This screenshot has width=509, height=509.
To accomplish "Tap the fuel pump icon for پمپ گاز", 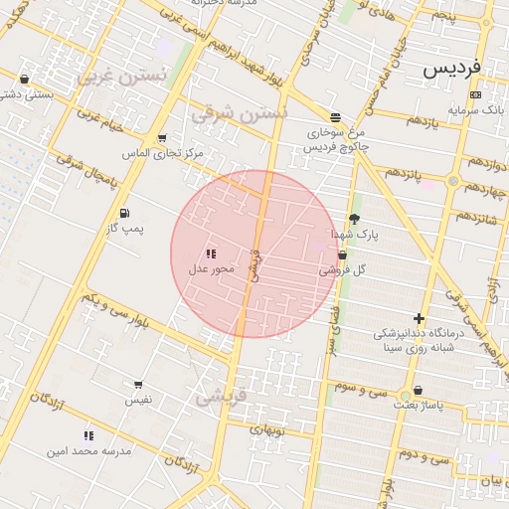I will point(123,213).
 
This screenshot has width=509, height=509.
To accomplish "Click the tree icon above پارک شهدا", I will point(355,219).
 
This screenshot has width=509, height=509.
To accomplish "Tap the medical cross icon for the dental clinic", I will point(419,319).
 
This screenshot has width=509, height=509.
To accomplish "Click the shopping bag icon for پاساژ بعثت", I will point(418,391).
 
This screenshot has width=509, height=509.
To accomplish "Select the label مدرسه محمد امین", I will point(89,450).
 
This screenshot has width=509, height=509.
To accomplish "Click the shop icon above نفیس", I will point(138,384).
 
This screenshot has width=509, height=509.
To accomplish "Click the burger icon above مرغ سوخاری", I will point(335,116).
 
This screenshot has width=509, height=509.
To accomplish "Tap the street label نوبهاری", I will point(268,430).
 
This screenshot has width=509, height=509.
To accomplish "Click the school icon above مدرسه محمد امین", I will point(89,435).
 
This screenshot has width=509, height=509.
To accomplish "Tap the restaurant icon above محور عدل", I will point(210,254).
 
